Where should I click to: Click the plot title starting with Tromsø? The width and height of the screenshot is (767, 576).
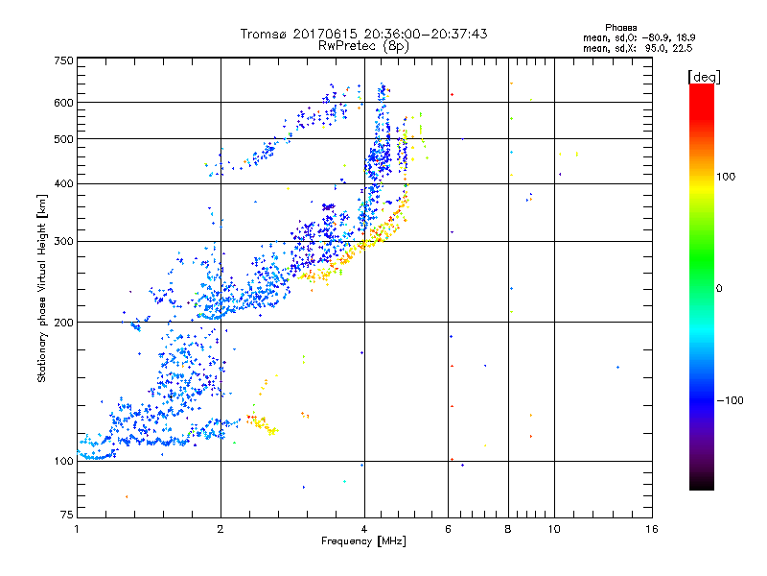coord(363,34)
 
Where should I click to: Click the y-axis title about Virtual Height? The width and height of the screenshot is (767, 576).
coord(42,288)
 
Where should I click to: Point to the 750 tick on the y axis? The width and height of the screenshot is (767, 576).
coord(63,60)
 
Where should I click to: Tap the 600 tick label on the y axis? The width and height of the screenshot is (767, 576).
coord(63,103)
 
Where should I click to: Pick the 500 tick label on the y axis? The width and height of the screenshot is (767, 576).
coord(63,139)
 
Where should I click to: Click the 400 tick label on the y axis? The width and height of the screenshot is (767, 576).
coord(63,183)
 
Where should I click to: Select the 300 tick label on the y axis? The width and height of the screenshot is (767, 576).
coord(63,241)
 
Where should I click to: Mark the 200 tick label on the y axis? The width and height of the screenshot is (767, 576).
coord(63,323)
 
